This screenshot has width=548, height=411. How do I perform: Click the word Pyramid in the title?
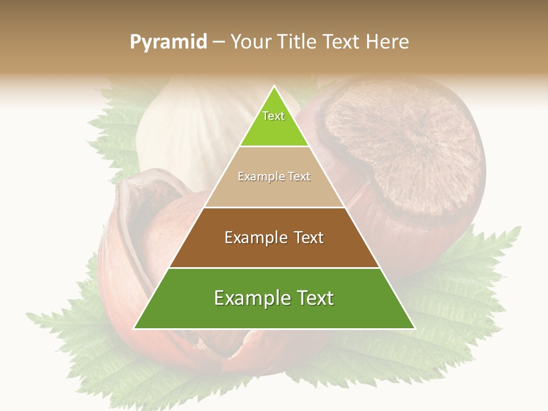[x=168, y=42]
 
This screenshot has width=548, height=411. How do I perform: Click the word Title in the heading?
[x=296, y=42]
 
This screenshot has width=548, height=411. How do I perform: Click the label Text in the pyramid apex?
[x=273, y=116]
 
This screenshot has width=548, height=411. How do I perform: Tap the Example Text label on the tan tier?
[x=274, y=176]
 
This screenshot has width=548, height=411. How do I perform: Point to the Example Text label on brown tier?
[x=274, y=237]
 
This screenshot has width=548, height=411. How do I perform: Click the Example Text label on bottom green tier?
[x=274, y=298]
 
